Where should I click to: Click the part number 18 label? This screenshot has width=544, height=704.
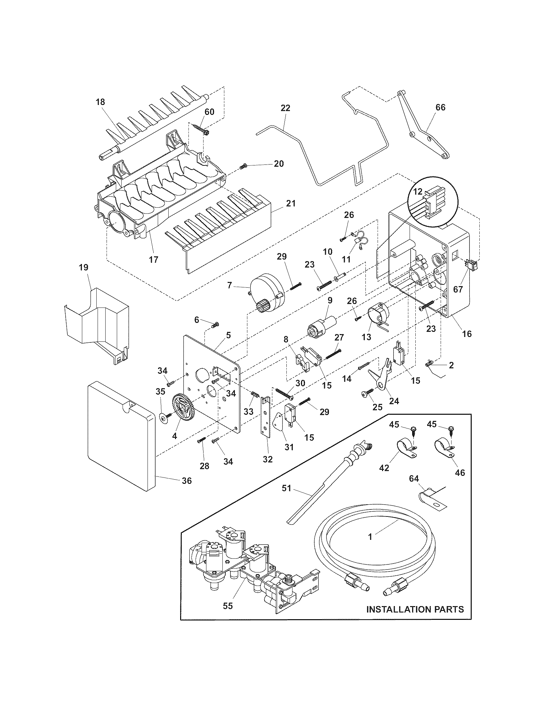pos(100,102)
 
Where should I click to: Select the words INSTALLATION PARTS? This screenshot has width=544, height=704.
pos(415,609)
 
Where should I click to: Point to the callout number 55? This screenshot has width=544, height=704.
pos(228,606)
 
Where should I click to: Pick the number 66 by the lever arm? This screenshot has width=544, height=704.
pos(440,107)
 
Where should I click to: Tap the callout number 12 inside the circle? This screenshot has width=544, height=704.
pos(418,191)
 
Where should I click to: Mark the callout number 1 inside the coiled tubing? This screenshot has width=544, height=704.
pos(370,537)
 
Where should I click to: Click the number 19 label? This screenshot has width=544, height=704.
pos(84,267)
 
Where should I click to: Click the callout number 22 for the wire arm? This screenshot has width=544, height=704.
pos(285,108)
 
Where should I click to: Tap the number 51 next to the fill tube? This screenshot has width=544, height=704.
pos(286,488)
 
